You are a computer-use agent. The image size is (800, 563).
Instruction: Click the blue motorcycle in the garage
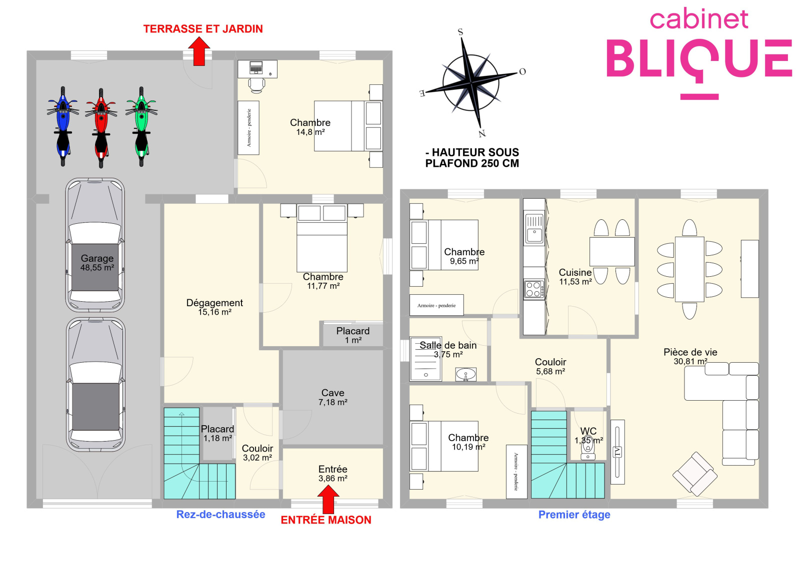click(x=63, y=126)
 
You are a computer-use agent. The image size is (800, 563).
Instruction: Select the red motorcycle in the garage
click(x=101, y=128)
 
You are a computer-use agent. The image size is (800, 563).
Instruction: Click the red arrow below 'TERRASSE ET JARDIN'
click(x=199, y=52)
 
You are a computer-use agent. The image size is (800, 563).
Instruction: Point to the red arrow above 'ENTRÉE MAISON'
click(x=328, y=499)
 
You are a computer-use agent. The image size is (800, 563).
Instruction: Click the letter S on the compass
click(x=460, y=32)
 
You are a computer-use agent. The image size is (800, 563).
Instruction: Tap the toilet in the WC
click(x=587, y=448)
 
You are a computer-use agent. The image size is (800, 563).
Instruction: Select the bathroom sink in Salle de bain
click(x=465, y=375)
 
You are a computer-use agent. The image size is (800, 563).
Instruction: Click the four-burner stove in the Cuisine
click(x=534, y=289)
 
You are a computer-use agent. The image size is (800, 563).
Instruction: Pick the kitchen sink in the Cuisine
click(x=534, y=229)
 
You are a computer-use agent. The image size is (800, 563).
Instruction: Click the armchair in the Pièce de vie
click(x=694, y=474)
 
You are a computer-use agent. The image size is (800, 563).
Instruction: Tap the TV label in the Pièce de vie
click(x=617, y=453)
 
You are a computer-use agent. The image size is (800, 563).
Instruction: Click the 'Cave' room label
click(x=332, y=393)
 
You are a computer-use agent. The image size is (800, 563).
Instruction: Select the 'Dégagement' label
click(x=214, y=303)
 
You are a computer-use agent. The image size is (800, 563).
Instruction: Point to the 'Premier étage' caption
click(x=574, y=515)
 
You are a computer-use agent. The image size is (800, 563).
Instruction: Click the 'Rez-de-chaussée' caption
click(x=220, y=514)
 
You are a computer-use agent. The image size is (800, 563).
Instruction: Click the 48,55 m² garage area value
click(x=97, y=268)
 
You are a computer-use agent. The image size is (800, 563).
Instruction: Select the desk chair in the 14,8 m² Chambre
click(x=256, y=85)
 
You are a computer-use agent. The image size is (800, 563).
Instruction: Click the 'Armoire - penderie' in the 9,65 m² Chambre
click(x=436, y=305)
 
